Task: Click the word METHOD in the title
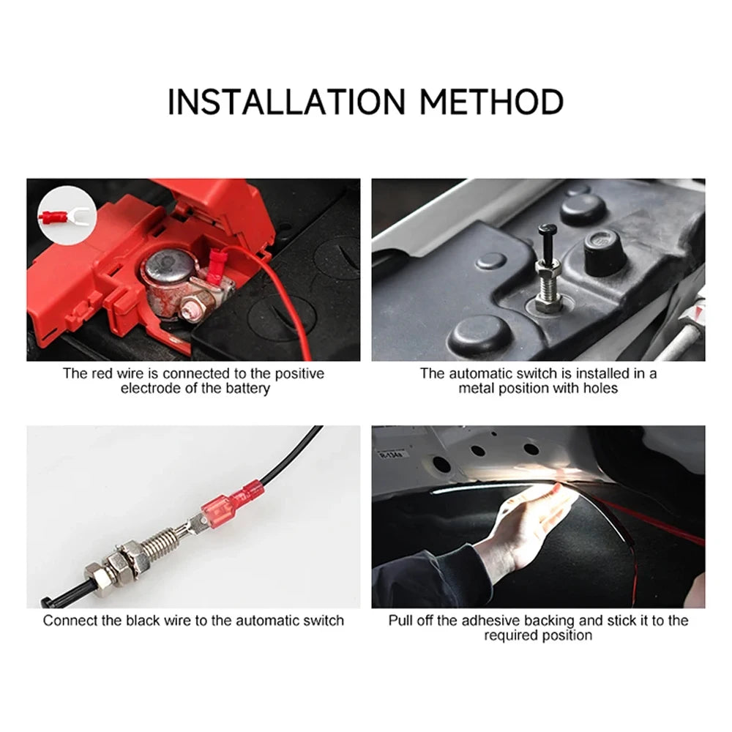(491, 101)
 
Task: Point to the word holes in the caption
(598, 388)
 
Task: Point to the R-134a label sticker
(389, 455)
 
